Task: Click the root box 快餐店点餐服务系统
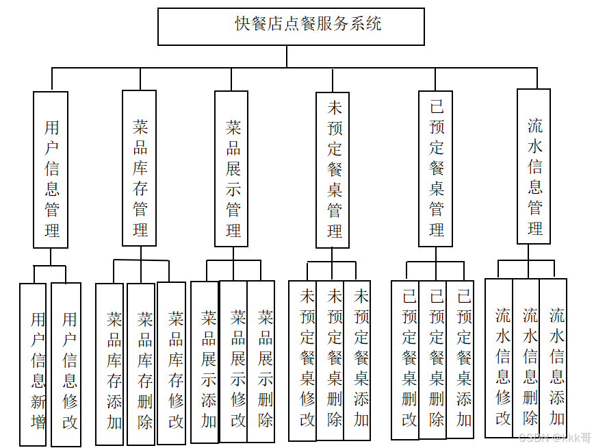click(x=291, y=26)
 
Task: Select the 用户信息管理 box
click(x=51, y=169)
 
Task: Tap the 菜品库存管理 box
click(x=139, y=168)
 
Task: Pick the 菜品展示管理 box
click(x=231, y=168)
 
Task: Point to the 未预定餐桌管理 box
click(x=333, y=169)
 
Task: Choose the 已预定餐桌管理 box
click(x=436, y=168)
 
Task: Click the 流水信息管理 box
click(x=534, y=166)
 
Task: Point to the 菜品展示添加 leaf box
click(x=205, y=362)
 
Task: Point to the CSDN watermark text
click(x=554, y=437)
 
